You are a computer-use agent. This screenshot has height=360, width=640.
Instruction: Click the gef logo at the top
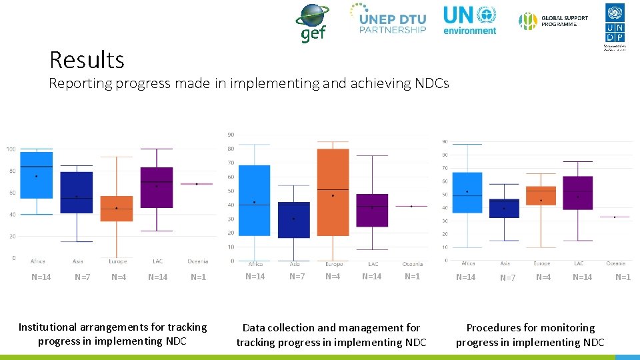click(x=312, y=23)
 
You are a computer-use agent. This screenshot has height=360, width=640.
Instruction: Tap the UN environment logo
click(x=470, y=20)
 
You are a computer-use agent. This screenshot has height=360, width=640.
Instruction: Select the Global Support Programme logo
click(x=553, y=21)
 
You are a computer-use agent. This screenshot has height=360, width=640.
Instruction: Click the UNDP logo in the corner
click(x=615, y=25)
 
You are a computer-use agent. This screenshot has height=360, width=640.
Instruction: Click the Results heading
click(x=87, y=60)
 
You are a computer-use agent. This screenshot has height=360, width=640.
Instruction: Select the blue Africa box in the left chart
click(x=36, y=175)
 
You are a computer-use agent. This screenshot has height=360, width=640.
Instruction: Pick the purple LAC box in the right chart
click(x=577, y=193)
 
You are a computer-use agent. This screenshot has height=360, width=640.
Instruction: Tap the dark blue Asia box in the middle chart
click(x=294, y=219)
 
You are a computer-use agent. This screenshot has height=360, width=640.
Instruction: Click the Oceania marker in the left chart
click(x=197, y=183)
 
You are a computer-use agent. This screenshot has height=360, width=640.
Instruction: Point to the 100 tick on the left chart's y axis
click(x=11, y=149)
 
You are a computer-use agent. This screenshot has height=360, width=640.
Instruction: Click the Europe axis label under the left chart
click(x=117, y=261)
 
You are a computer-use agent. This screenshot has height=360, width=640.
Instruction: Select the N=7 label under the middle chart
click(x=297, y=277)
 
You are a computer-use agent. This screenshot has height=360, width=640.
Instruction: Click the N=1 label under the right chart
click(x=623, y=277)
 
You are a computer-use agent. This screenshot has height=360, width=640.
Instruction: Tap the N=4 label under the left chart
click(x=119, y=277)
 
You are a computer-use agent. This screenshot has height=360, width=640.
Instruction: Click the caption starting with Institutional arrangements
click(x=113, y=334)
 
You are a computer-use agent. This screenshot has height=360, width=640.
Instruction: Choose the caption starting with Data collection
click(x=331, y=335)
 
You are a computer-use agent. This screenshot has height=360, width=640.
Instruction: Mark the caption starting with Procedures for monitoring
click(x=530, y=335)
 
